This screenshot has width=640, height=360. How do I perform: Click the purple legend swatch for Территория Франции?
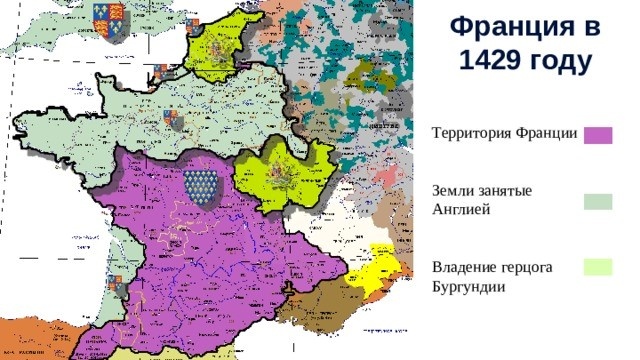point(598,136)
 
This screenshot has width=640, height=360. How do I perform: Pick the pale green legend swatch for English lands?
point(598,201)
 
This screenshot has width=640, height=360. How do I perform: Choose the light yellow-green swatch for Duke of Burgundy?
point(598,266)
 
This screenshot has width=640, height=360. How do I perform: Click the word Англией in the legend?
point(460,209)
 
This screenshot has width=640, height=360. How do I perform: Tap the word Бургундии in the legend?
point(468,287)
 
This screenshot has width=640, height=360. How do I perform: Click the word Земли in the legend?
point(453,190)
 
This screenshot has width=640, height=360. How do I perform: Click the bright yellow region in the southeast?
point(374,267)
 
